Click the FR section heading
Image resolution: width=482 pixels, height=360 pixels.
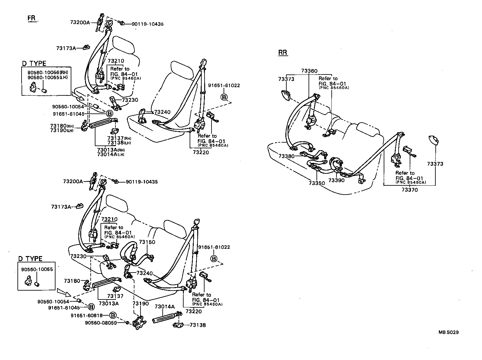point(32,18)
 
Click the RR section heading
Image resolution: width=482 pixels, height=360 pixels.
point(283,53)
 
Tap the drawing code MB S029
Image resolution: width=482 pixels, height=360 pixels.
point(448,332)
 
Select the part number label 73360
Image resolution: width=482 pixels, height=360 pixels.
point(309,71)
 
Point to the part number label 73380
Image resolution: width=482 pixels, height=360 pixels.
point(287,156)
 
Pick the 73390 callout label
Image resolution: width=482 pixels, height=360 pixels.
point(336,180)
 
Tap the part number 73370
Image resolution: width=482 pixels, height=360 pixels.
point(409,190)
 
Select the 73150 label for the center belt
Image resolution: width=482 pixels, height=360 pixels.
point(147,242)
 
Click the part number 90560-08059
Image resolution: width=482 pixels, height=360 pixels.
point(101,323)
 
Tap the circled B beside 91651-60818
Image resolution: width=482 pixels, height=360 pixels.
point(114,315)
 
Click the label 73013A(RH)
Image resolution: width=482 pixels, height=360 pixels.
point(111,150)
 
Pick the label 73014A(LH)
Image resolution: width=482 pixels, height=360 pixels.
point(111,154)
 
